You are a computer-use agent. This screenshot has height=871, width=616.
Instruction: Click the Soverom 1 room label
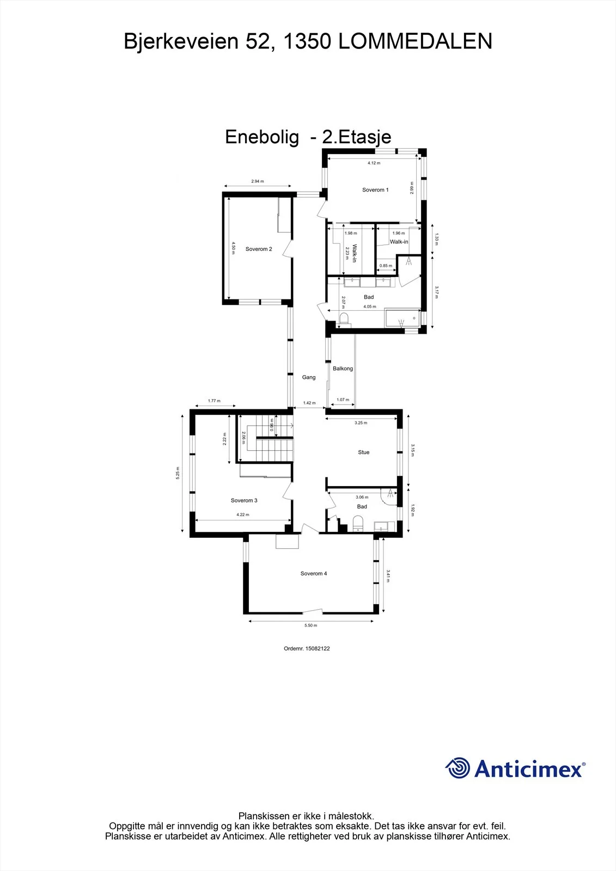(375, 190)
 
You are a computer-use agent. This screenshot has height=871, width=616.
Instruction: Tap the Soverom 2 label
(258, 249)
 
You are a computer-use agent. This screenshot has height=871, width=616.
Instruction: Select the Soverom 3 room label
(244, 500)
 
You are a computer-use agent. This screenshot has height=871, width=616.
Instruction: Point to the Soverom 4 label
(314, 573)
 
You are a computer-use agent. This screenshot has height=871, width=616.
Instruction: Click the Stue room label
(363, 452)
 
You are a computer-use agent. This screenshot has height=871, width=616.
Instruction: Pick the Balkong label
(343, 369)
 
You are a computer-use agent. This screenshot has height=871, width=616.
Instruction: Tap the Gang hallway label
(309, 377)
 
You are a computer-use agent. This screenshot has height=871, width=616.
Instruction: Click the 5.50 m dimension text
(310, 625)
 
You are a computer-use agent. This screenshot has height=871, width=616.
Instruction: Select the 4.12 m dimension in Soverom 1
(374, 163)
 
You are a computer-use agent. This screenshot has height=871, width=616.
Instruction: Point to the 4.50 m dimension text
(234, 248)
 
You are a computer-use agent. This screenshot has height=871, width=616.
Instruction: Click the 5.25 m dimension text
(178, 473)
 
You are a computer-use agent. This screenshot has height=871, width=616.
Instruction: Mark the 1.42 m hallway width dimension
(309, 403)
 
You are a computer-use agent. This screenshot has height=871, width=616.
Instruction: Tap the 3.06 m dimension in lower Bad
(362, 497)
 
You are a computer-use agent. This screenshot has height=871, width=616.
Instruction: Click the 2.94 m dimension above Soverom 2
(257, 181)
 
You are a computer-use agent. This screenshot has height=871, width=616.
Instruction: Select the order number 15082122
(318, 648)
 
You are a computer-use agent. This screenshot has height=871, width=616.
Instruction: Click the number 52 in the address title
(258, 41)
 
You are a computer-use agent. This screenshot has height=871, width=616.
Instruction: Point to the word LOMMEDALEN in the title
(415, 41)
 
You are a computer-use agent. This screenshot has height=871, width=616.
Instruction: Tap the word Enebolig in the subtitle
(262, 137)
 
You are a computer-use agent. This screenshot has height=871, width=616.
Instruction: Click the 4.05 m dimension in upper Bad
(370, 306)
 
